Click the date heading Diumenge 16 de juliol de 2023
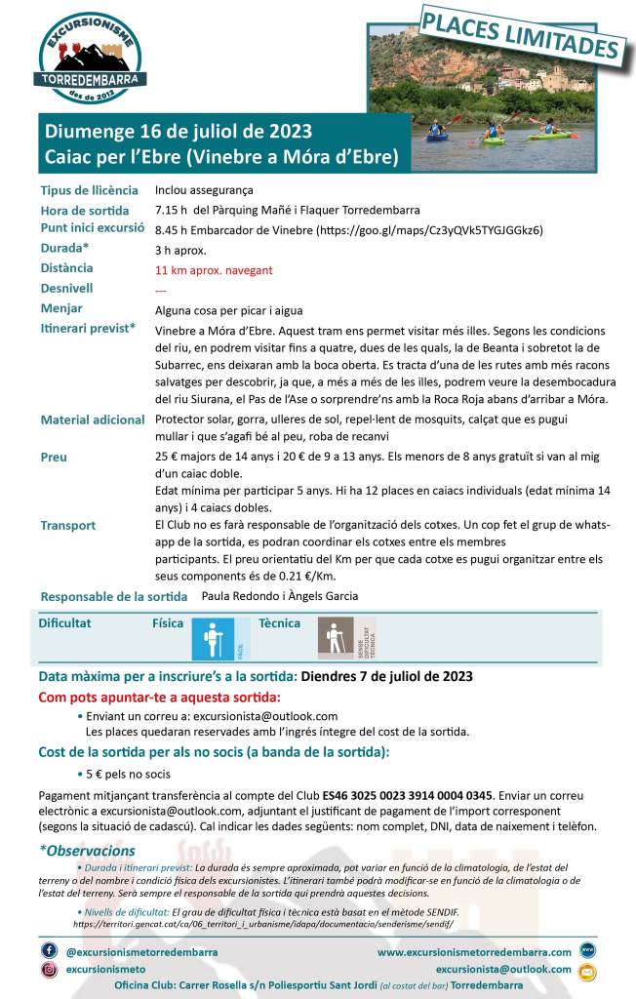177,132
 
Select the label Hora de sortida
85,210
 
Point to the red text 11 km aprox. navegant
214,270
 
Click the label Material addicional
93,420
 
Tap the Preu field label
54,457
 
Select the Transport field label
68,525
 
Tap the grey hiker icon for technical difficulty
336,639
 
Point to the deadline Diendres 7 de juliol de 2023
387,676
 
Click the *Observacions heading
88,851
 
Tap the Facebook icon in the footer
49,950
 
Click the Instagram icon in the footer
49,970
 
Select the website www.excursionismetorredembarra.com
474,951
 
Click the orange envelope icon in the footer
586,972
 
